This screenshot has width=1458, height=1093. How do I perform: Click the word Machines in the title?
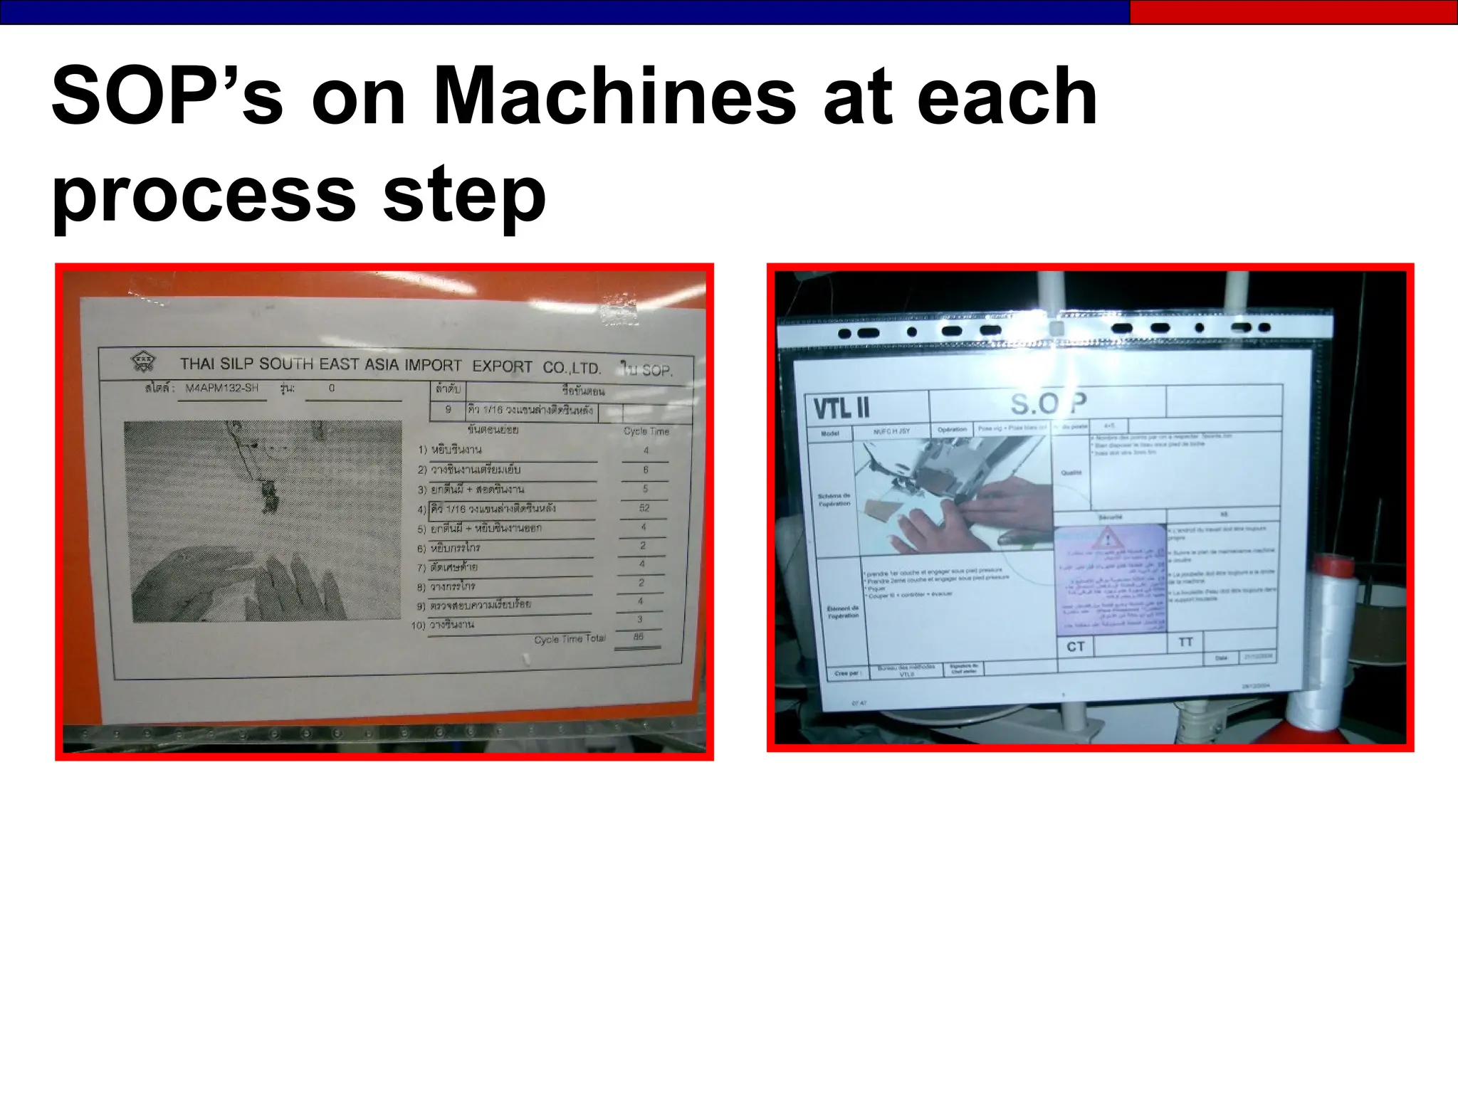pos(614,97)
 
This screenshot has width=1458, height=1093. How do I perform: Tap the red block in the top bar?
pos(1292,12)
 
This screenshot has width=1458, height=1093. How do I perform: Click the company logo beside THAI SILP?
pos(143,361)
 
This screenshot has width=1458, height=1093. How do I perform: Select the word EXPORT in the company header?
pos(502,366)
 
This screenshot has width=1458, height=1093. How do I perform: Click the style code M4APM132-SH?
pos(221,389)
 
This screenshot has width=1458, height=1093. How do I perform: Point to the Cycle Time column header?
pos(646,431)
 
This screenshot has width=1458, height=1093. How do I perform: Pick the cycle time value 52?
pos(644,508)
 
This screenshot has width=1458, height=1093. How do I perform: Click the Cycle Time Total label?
pos(570,639)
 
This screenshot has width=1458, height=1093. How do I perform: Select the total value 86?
pos(639,637)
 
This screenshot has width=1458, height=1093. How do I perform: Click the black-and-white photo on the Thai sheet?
pos(263,521)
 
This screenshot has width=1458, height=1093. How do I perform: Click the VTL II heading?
pos(841,408)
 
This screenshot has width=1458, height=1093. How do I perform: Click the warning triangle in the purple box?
pos(1108,539)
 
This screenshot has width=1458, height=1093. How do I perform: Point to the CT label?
pos(1075,646)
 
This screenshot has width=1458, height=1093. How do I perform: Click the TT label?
pos(1185,643)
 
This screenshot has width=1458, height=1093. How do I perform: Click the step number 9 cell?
pos(448,410)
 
